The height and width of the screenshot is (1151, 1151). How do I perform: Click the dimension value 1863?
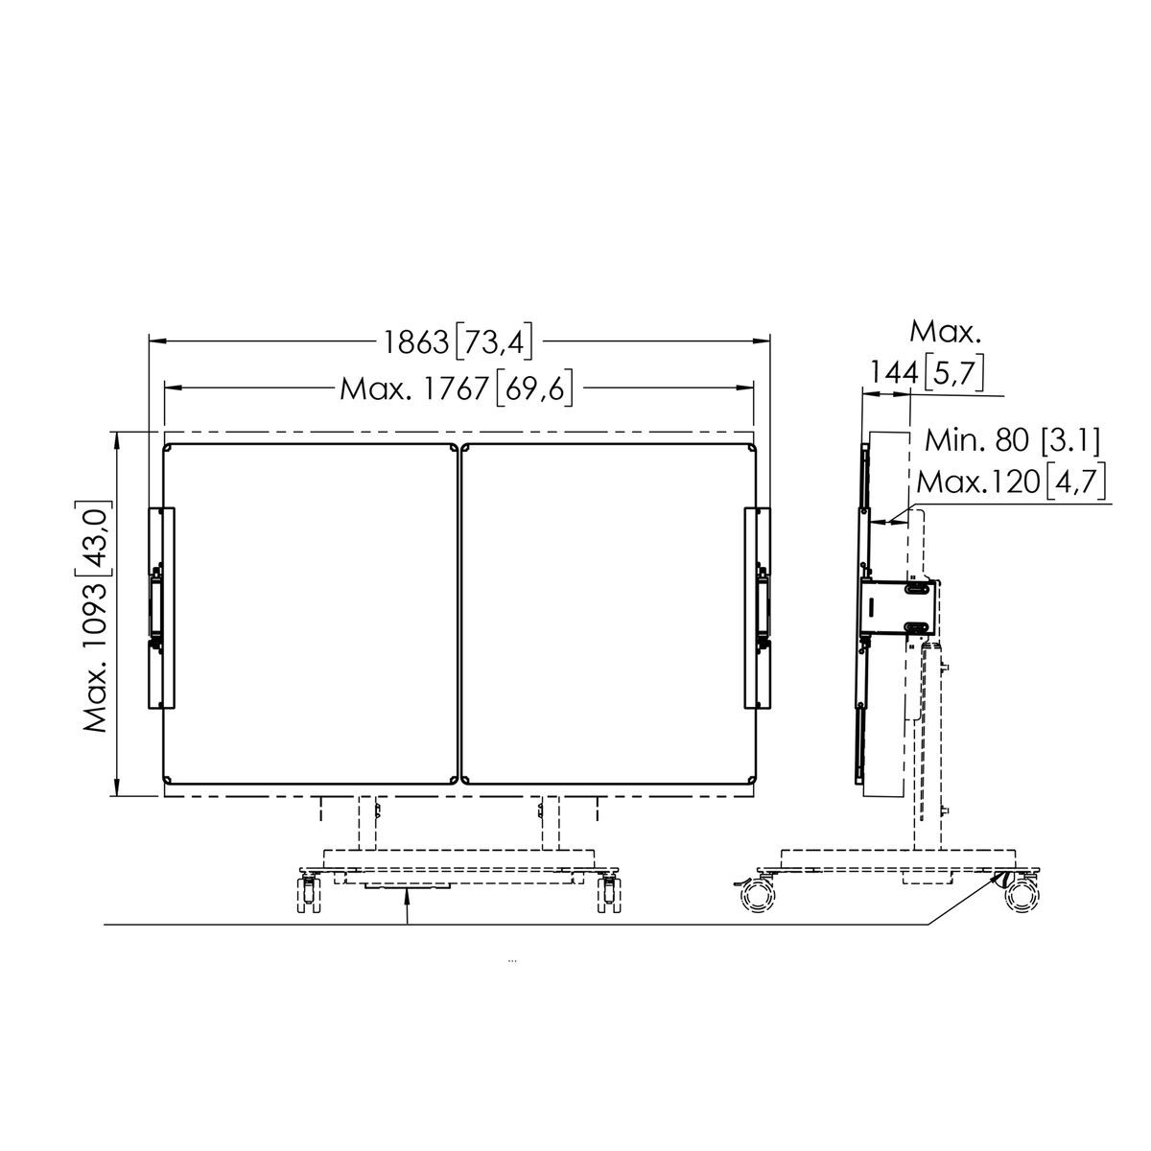415,342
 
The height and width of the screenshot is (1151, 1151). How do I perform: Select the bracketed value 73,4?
493,342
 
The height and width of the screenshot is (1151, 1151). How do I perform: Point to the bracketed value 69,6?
534,388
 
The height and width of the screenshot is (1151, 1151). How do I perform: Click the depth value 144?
893,373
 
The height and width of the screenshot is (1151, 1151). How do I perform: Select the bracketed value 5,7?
953,373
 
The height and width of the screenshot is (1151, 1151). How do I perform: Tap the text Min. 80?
976,441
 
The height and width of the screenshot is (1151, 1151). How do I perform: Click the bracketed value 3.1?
1070,441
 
